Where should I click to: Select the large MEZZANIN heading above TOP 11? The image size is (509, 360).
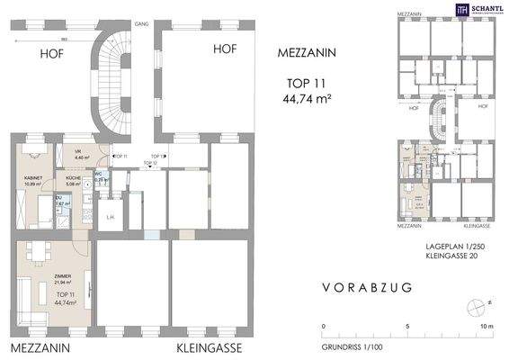coord(308,53)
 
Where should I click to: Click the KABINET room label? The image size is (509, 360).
coord(33,179)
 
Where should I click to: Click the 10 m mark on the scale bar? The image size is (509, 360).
coord(487,327)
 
